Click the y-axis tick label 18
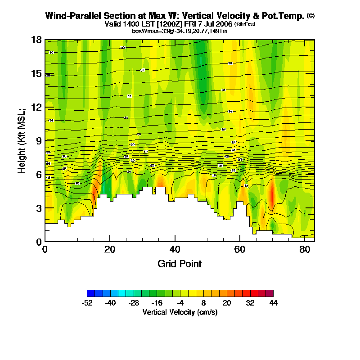[36, 40]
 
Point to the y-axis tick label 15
[36, 74]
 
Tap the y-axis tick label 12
[36, 108]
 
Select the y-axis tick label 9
[39, 141]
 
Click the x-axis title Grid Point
[180, 264]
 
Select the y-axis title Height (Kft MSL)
[22, 141]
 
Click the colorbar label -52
[87, 303]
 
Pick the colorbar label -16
[157, 303]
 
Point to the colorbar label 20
[227, 303]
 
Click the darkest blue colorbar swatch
[90, 293]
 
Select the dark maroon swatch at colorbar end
[270, 293]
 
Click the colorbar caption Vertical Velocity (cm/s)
[180, 312]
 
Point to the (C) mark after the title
[310, 15]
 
